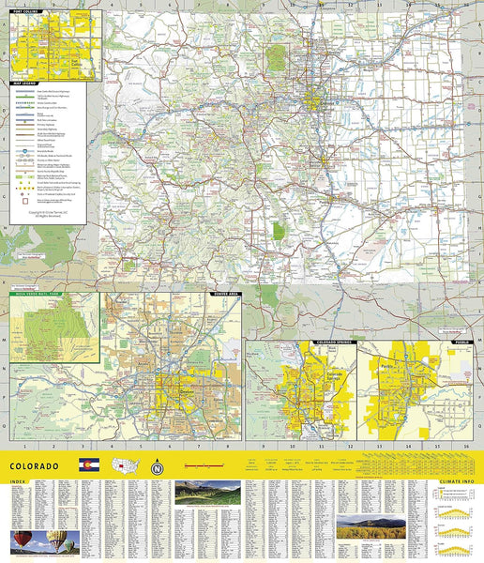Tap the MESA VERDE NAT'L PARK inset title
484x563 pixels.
(x=39, y=294)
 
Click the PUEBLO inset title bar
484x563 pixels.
(x=463, y=341)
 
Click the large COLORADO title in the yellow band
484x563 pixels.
(x=35, y=465)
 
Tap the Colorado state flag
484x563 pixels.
(x=88, y=465)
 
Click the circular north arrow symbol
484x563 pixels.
(x=157, y=466)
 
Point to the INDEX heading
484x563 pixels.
(x=18, y=482)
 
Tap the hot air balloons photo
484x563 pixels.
(x=44, y=541)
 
